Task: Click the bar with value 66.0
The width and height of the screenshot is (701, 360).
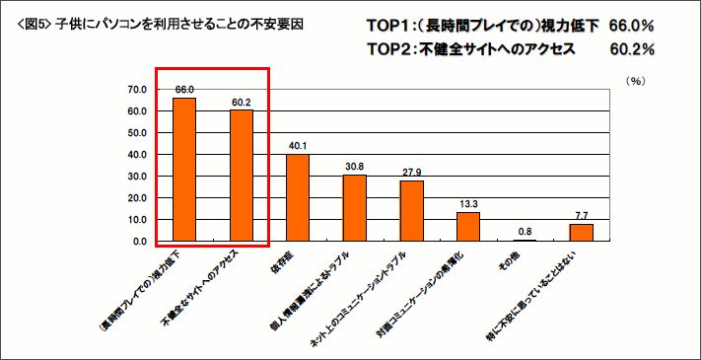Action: click(184, 170)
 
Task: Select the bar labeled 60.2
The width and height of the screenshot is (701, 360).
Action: click(242, 176)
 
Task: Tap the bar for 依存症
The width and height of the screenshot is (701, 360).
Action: click(298, 197)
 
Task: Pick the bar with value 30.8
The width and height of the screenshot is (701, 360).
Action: click(355, 208)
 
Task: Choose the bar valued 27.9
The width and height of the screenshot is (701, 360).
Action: click(412, 211)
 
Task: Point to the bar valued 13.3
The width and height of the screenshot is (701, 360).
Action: click(468, 227)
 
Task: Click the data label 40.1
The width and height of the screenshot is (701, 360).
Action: click(298, 146)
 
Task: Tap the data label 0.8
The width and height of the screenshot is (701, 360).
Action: click(526, 232)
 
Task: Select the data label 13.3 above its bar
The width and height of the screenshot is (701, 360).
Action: click(468, 204)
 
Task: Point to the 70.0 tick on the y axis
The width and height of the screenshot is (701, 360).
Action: click(137, 90)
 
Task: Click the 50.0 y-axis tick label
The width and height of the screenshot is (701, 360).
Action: click(137, 133)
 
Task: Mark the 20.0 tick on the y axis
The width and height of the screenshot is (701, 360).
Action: click(137, 198)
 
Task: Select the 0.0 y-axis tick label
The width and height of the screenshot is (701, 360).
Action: click(140, 242)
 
